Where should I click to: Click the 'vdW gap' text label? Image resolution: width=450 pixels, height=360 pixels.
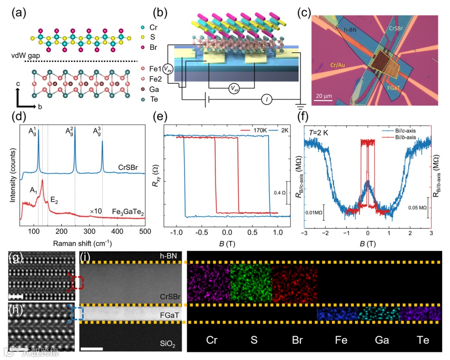click(23, 56)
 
